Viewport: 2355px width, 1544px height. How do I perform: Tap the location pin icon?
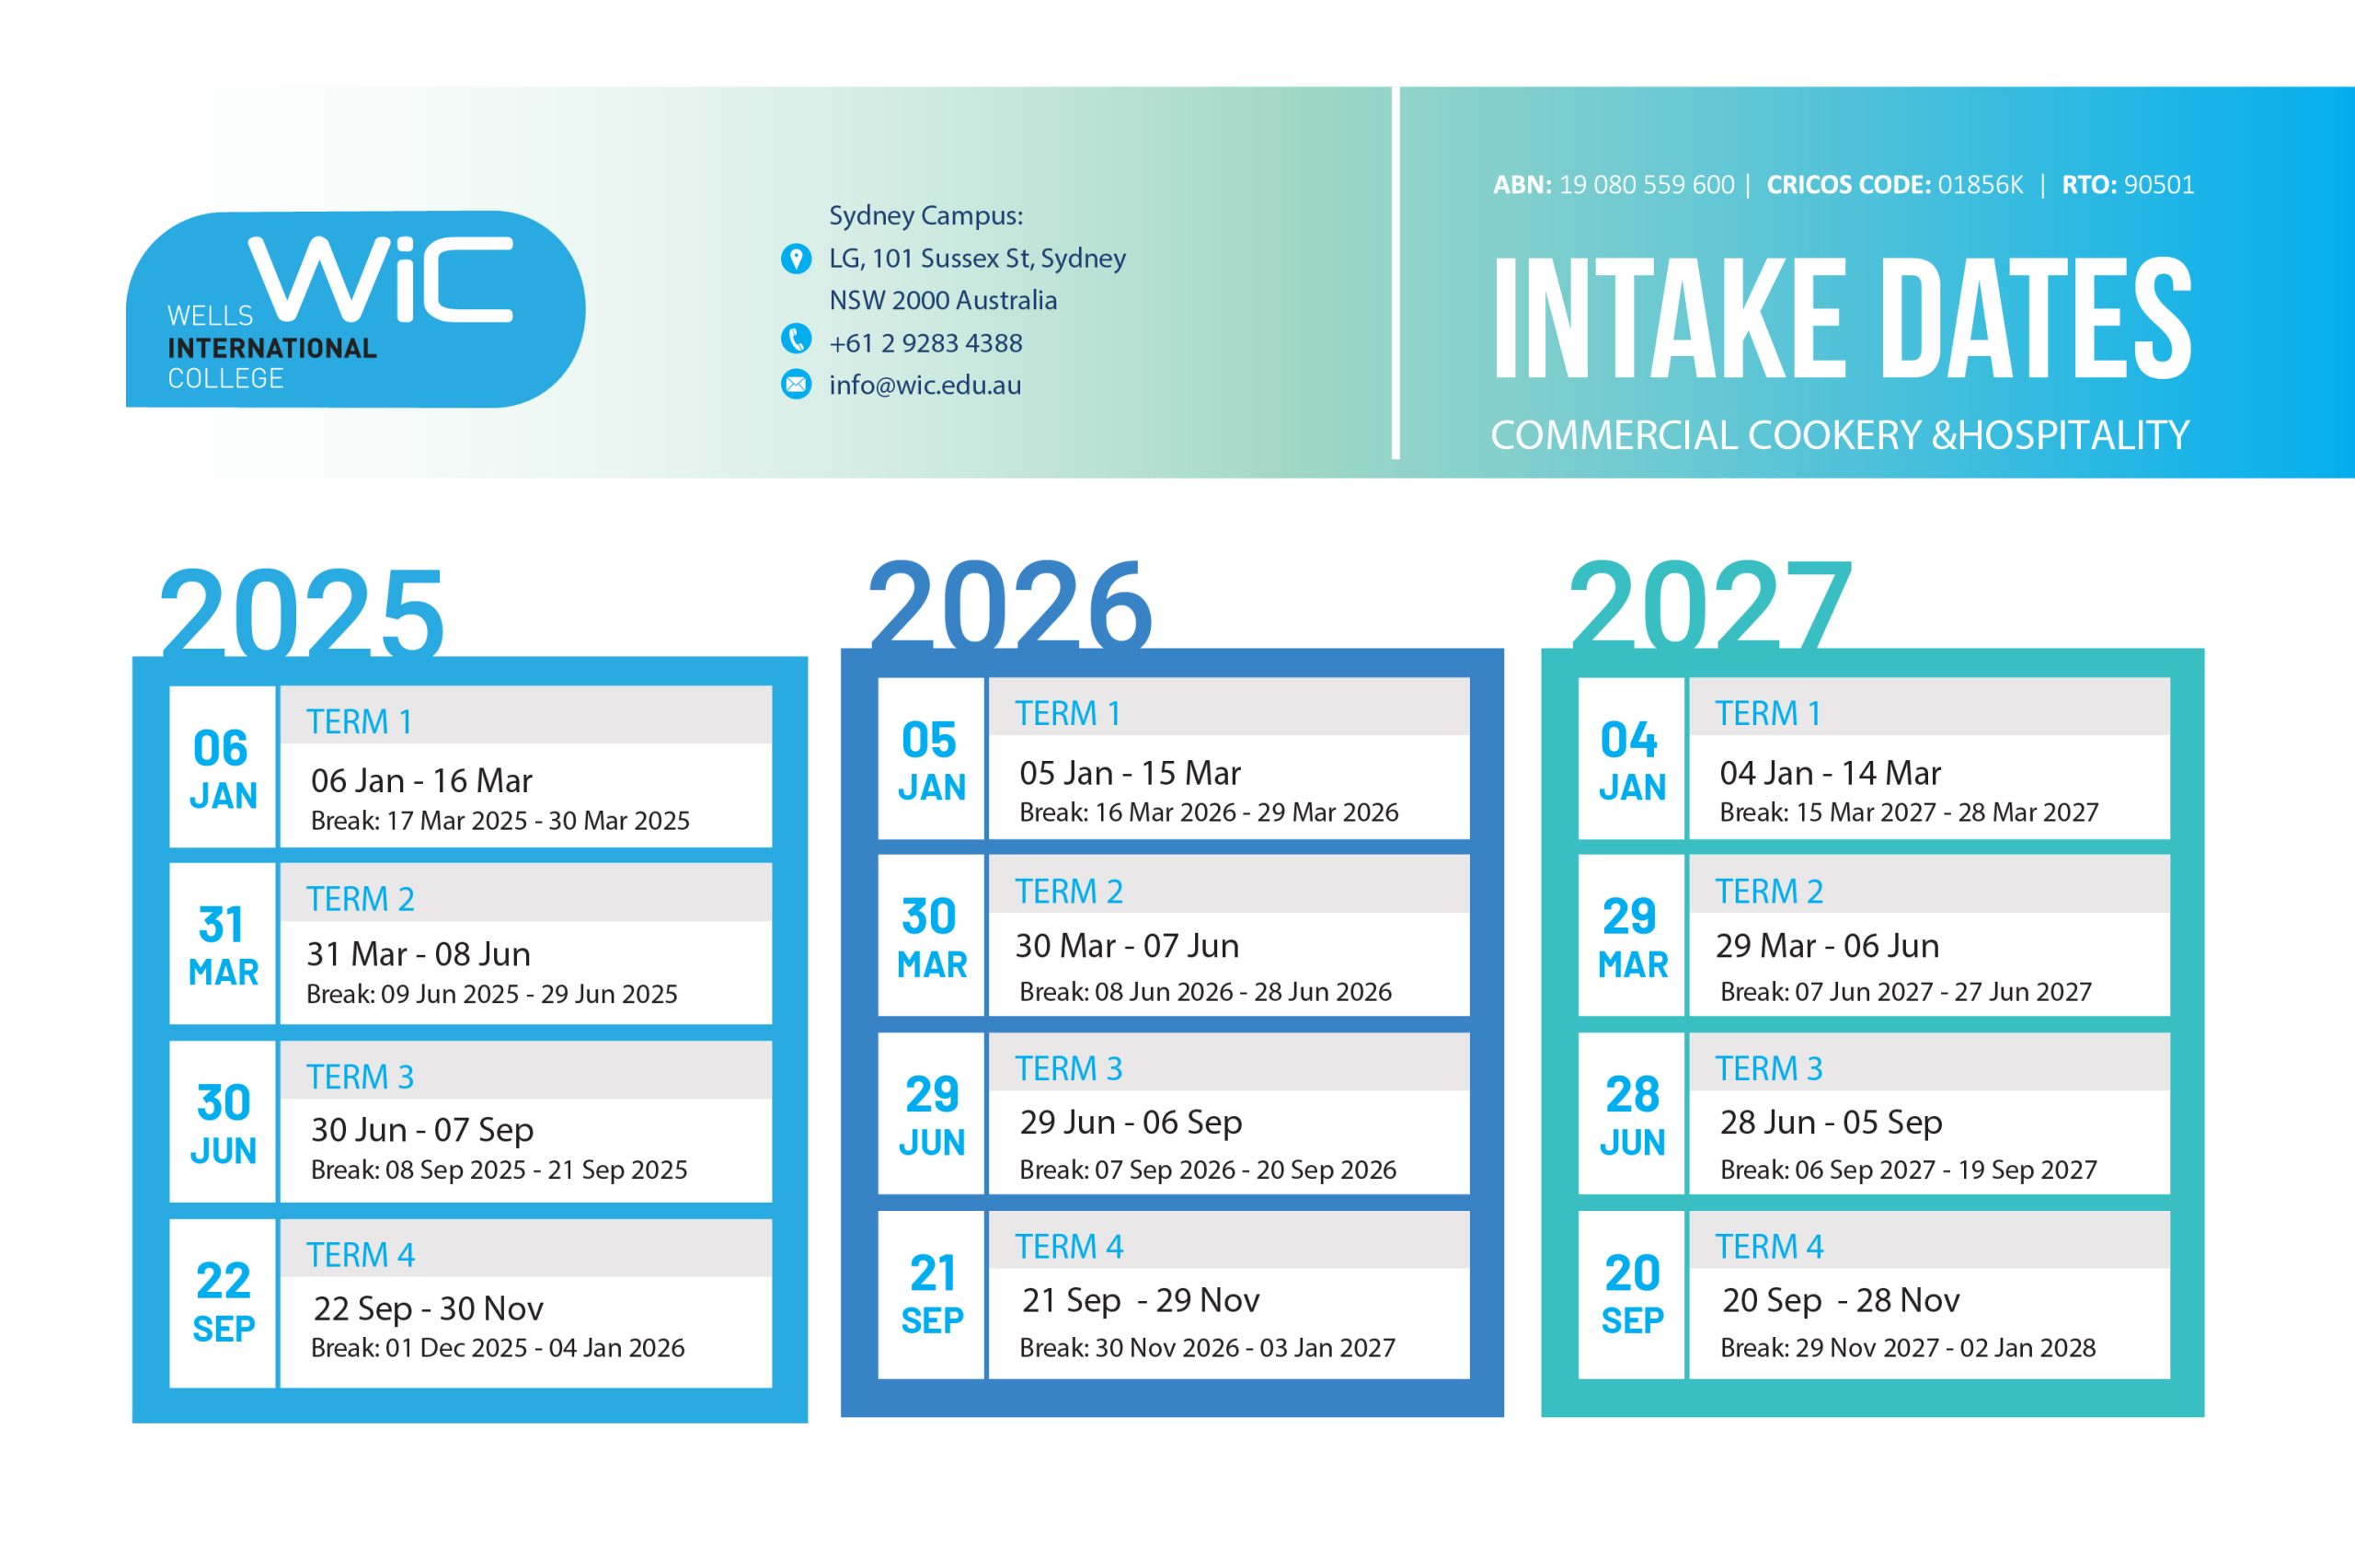[796, 259]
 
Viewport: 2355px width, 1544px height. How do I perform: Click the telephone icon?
[796, 340]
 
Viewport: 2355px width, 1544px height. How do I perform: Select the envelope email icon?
[796, 384]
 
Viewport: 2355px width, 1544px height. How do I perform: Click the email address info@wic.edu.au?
[925, 385]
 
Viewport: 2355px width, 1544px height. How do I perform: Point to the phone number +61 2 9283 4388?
[925, 343]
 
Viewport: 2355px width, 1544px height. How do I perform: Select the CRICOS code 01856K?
[1980, 185]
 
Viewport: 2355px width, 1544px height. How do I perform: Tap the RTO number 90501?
[2158, 185]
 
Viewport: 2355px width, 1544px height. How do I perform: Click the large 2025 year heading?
[302, 614]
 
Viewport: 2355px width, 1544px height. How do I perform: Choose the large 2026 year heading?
[1010, 605]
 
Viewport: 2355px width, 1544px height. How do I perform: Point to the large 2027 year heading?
[1710, 605]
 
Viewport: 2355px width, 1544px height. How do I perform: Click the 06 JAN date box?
[223, 767]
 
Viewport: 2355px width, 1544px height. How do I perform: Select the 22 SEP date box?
[223, 1303]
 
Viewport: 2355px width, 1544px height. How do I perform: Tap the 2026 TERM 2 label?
[1069, 892]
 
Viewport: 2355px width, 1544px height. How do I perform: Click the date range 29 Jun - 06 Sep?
[1131, 1123]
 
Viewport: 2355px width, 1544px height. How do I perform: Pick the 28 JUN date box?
[1632, 1114]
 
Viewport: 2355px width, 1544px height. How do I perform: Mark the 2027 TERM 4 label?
[1769, 1247]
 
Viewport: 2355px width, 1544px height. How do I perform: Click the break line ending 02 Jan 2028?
[1908, 1348]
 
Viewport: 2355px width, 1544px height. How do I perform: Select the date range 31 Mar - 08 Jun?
[419, 954]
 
